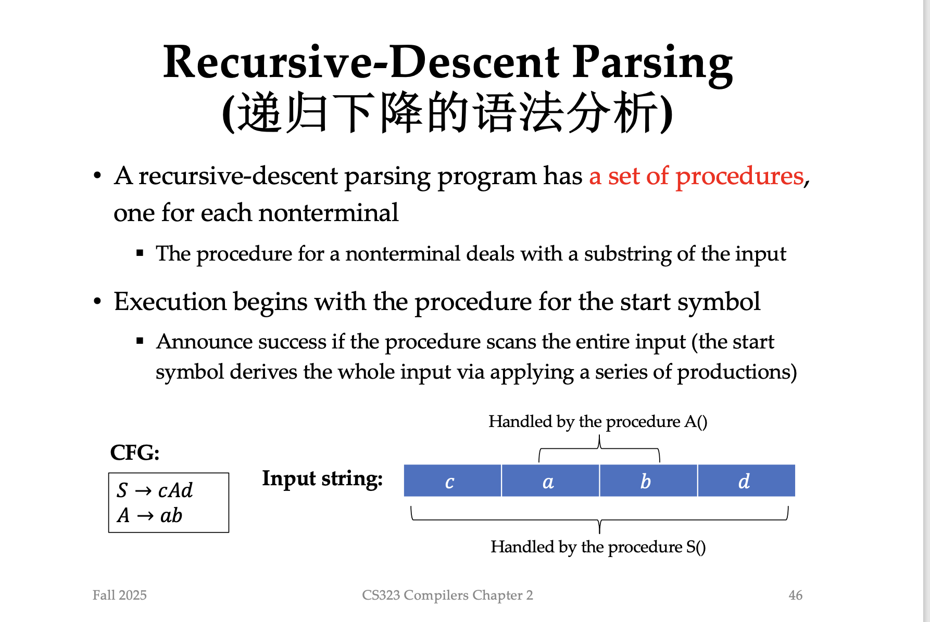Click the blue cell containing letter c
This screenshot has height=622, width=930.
pyautogui.click(x=453, y=481)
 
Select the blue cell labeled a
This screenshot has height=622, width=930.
pyautogui.click(x=550, y=481)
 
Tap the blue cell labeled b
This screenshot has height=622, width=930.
pyautogui.click(x=648, y=481)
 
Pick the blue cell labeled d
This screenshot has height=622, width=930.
pyautogui.click(x=746, y=481)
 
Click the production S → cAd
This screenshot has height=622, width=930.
pyautogui.click(x=155, y=490)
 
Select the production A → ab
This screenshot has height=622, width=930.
pyautogui.click(x=149, y=515)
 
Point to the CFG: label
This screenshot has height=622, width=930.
pyautogui.click(x=135, y=452)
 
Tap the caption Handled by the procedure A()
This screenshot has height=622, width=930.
pyautogui.click(x=598, y=421)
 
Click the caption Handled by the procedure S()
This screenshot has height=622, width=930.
pyautogui.click(x=598, y=547)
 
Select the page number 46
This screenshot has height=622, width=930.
pyautogui.click(x=796, y=595)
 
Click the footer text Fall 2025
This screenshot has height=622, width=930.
pyautogui.click(x=120, y=595)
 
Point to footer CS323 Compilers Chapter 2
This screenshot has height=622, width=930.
pyautogui.click(x=448, y=595)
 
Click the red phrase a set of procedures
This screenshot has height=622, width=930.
pyautogui.click(x=697, y=176)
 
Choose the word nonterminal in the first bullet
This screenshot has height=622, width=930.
pyautogui.click(x=329, y=213)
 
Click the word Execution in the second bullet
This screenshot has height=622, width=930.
pyautogui.click(x=170, y=302)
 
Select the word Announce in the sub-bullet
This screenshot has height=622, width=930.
pyautogui.click(x=205, y=342)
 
